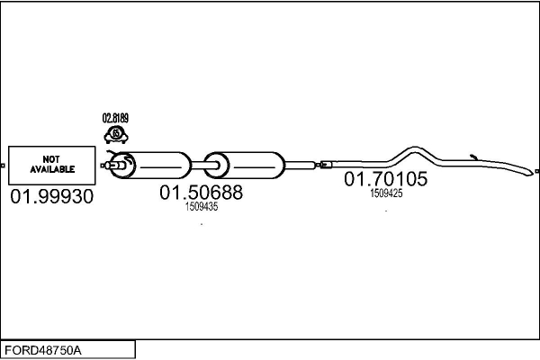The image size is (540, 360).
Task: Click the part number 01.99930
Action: coord(51,196)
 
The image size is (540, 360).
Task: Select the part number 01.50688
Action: coord(202,192)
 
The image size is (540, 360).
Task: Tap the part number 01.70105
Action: coord(386,178)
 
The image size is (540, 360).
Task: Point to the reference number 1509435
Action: coord(202,206)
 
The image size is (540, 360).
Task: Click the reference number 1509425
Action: coord(386,193)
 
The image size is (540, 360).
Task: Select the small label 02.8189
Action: coord(115,118)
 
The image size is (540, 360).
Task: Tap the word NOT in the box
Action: coord(50,158)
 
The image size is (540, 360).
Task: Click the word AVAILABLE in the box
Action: coord(50,168)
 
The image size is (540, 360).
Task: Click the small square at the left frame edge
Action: coord(4,167)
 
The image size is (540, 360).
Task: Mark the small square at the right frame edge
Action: coord(536,167)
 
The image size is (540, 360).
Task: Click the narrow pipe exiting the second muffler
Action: coord(301,165)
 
